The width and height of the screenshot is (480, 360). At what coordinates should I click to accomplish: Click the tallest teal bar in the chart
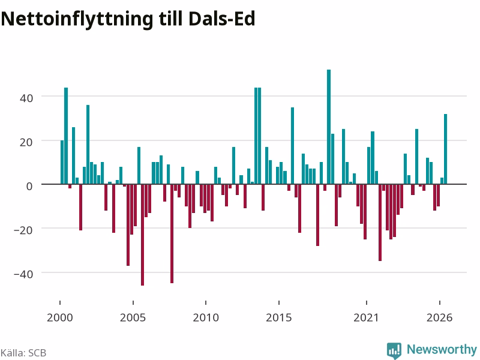click(329, 127)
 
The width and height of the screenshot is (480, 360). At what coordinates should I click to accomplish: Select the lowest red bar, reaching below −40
click(142, 235)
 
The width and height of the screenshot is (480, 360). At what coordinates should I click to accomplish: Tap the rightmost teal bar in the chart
click(445, 149)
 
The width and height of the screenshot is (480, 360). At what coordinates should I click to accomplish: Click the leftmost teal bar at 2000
click(62, 162)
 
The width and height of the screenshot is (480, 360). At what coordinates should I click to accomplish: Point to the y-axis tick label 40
click(26, 98)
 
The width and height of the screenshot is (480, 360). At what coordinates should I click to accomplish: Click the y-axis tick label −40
click(23, 274)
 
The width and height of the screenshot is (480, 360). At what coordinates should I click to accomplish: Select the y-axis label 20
click(26, 142)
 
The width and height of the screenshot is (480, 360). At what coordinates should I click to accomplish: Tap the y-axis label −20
click(23, 230)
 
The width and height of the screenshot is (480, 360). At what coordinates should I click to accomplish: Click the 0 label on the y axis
click(29, 186)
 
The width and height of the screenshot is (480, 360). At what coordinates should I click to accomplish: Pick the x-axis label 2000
click(60, 317)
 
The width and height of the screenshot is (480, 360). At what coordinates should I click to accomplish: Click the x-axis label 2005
click(133, 317)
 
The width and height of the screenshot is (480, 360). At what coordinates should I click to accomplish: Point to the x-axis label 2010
click(206, 317)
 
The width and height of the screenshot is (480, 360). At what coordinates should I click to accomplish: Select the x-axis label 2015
click(279, 317)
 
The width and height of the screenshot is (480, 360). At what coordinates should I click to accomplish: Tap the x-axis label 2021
click(366, 317)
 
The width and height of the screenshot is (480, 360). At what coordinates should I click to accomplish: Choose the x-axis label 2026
click(440, 317)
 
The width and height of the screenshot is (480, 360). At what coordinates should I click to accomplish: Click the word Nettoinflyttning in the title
click(77, 19)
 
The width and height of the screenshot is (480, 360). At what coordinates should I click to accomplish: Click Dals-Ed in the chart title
click(222, 19)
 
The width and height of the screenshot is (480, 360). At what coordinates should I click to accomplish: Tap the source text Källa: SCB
click(23, 353)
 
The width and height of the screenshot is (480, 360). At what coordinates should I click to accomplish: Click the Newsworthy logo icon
click(394, 350)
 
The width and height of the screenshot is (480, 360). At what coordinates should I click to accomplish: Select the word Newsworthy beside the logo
click(442, 349)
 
